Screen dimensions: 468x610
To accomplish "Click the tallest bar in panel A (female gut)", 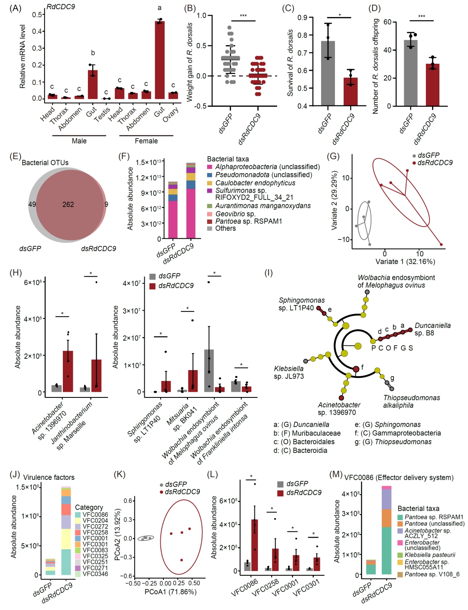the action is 159,60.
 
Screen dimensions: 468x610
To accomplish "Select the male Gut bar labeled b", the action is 92,84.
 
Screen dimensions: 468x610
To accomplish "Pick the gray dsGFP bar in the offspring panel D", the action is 410,73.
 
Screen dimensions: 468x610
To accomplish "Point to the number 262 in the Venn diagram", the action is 68,204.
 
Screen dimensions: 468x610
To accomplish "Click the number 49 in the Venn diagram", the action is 32,204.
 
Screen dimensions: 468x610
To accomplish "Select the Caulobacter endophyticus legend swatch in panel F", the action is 210,183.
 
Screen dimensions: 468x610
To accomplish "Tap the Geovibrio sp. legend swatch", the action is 210,214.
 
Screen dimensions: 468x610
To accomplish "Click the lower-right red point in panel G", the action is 441,245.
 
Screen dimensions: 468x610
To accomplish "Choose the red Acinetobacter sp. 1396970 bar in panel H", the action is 68,371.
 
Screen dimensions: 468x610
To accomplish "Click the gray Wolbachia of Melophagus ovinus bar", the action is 209,371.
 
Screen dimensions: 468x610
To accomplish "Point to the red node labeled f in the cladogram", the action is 356,369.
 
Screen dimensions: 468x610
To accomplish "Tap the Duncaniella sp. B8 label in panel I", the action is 432,329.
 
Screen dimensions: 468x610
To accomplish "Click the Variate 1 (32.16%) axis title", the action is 405,262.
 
